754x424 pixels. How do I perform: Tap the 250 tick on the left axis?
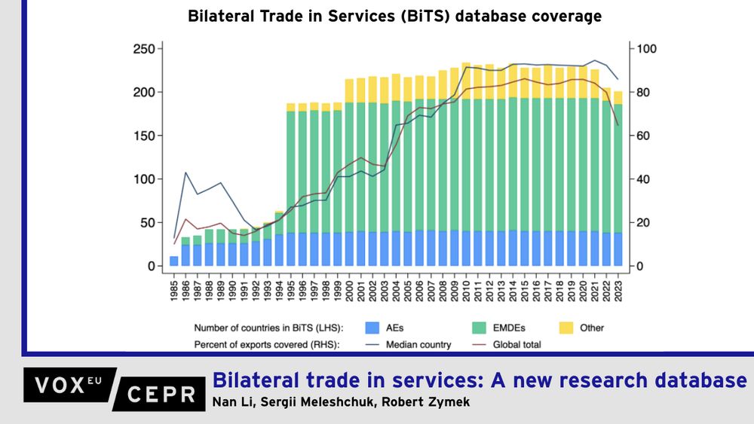pos(143,49)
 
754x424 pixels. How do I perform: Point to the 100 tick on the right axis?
pos(648,49)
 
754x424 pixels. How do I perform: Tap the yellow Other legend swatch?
pos(567,328)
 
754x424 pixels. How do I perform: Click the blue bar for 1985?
pos(174,261)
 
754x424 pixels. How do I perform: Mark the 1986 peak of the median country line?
pos(185,172)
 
